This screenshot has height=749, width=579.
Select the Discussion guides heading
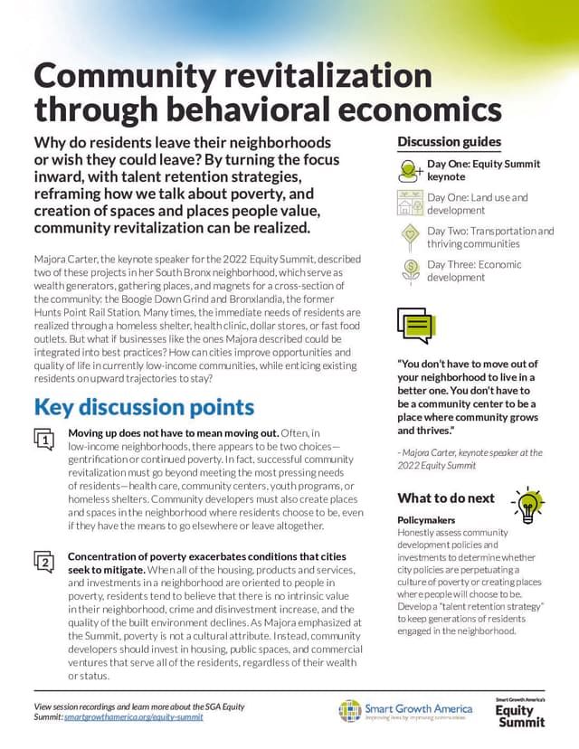point(449,142)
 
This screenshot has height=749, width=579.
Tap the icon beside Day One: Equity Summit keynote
point(411,170)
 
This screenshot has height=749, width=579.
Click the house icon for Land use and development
point(411,204)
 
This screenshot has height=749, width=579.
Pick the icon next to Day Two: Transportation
point(411,237)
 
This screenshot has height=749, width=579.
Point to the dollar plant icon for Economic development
point(411,270)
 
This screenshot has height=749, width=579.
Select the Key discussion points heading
point(144,407)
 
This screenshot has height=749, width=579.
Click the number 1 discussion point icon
point(45,439)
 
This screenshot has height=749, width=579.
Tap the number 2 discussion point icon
point(45,561)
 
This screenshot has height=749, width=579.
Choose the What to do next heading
point(446,498)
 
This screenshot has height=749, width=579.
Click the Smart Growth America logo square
point(350,711)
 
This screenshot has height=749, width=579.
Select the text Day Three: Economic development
point(474,270)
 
